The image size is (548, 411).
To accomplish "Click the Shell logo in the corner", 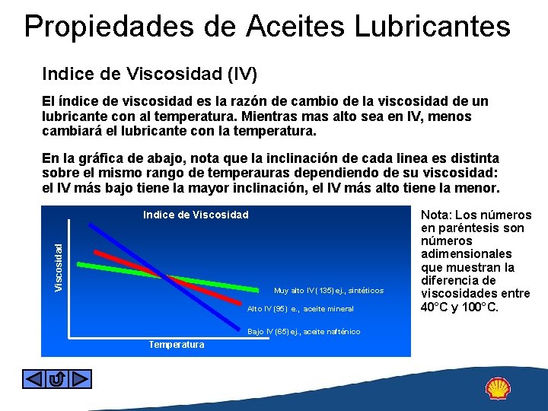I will click(499, 389).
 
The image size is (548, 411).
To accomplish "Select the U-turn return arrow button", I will click(57, 378).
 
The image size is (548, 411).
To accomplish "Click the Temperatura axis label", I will click(177, 345).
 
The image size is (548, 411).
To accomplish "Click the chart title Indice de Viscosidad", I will click(196, 215).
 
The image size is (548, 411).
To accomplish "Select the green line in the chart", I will click(114, 266).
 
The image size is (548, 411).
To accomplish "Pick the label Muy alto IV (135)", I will click(329, 291).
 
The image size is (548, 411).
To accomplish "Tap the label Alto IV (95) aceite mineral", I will click(301, 309).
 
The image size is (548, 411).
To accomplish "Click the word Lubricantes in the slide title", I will click(426, 27).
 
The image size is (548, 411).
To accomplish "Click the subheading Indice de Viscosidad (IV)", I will click(150, 75).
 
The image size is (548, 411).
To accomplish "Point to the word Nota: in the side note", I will click(441, 215).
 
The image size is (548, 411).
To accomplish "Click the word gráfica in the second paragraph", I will click(95, 158).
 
